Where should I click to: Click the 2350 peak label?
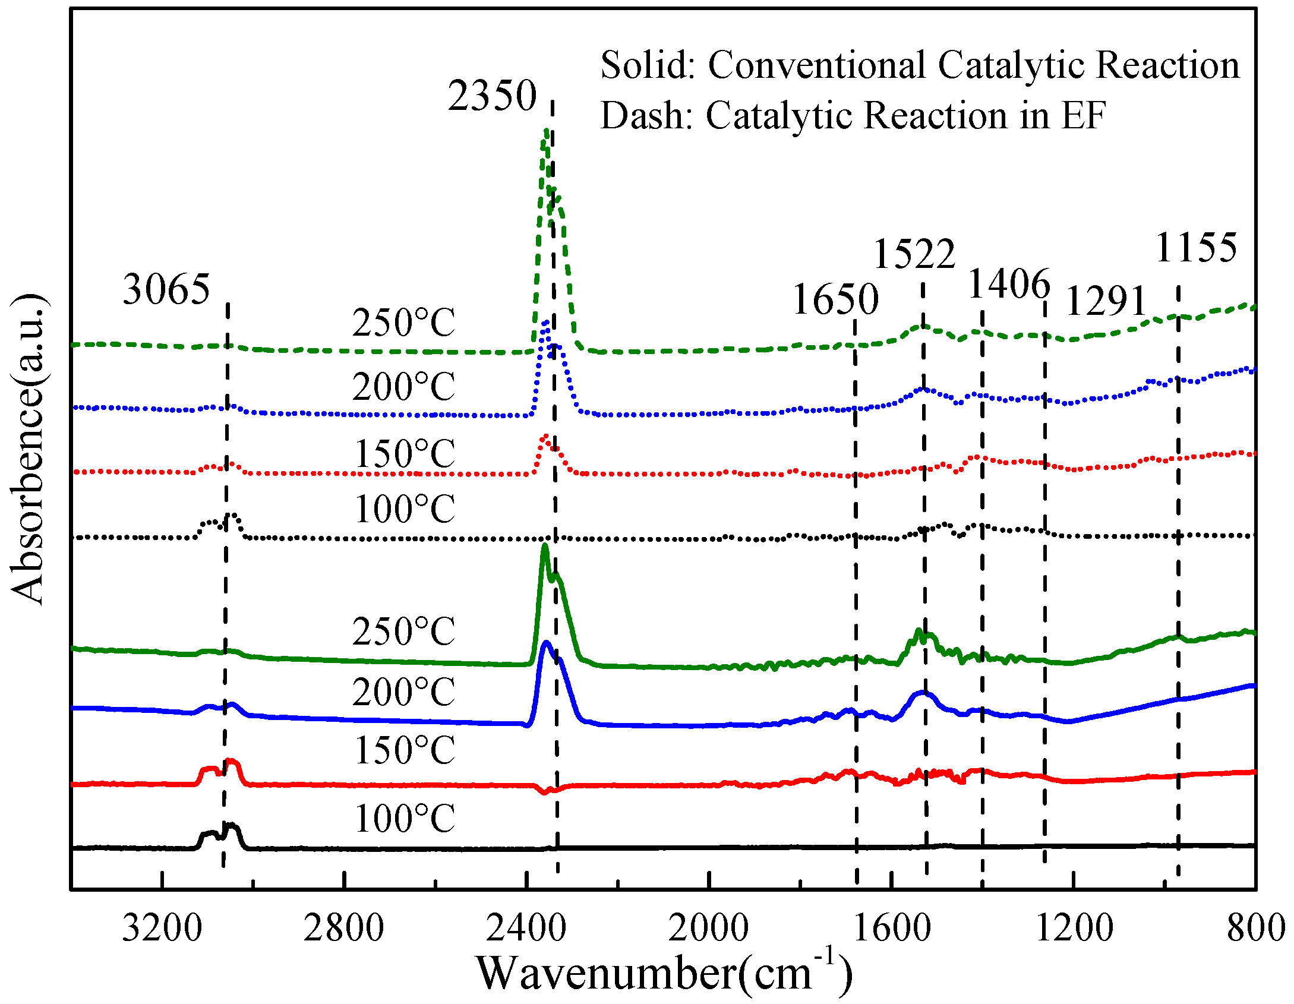pyautogui.click(x=492, y=96)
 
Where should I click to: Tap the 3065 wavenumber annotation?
pyautogui.click(x=166, y=290)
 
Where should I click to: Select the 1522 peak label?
pyautogui.click(x=914, y=254)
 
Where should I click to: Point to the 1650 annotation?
pyautogui.click(x=835, y=299)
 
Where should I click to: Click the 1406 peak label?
pyautogui.click(x=1009, y=285)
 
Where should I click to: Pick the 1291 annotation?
pyautogui.click(x=1106, y=301)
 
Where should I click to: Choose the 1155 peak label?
pyautogui.click(x=1196, y=248)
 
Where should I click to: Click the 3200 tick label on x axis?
pyautogui.click(x=162, y=929)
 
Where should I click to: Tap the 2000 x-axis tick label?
pyautogui.click(x=708, y=929)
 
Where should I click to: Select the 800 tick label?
pyautogui.click(x=1255, y=929)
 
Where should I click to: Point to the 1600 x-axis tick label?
pyautogui.click(x=891, y=929)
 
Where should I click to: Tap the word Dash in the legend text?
pyautogui.click(x=645, y=115)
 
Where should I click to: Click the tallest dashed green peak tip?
pyautogui.click(x=545, y=130)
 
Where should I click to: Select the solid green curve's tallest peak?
pyautogui.click(x=544, y=545)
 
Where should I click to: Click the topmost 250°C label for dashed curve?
pyautogui.click(x=403, y=323)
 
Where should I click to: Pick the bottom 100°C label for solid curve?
pyautogui.click(x=405, y=819)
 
